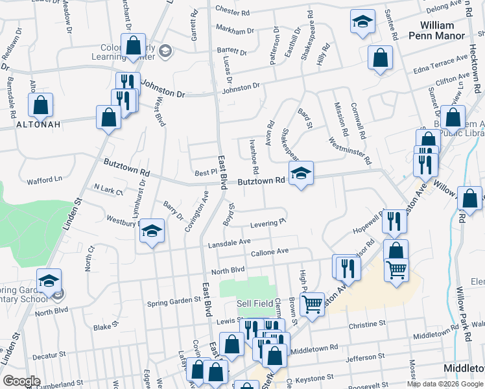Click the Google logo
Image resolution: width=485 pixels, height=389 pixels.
(x=21, y=381)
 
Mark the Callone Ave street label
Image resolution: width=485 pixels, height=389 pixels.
(x=269, y=252)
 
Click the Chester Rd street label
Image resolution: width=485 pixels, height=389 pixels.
(x=232, y=10)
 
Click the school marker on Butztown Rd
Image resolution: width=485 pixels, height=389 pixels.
(x=301, y=173)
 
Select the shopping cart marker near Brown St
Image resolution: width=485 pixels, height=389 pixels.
(x=313, y=303)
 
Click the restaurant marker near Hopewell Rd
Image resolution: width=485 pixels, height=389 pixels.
(x=394, y=222)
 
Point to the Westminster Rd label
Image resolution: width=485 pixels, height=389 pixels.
(x=350, y=150)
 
